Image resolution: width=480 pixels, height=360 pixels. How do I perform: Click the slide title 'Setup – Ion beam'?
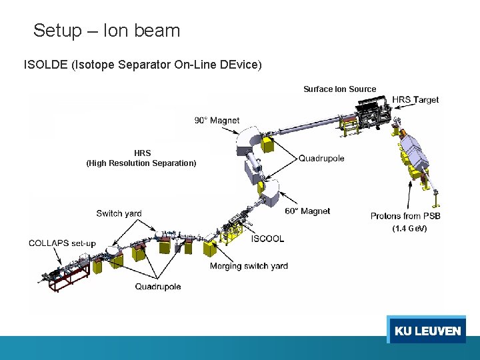coord(107,31)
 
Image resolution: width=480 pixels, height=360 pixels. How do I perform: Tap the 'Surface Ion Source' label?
coord(339,89)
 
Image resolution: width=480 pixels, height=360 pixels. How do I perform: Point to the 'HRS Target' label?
coord(415,100)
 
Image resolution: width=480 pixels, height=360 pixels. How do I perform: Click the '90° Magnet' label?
coord(217,121)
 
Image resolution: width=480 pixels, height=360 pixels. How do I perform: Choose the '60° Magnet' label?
coord(307,211)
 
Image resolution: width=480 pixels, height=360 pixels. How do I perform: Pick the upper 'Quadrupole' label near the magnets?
coord(321,159)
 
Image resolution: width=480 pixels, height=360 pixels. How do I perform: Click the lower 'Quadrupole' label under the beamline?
coord(158,287)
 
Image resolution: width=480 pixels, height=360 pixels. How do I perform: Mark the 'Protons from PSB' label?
coord(405,216)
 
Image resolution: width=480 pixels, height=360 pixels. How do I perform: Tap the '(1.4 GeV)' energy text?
coord(409,229)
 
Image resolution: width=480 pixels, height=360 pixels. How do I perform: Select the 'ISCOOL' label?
coord(267,239)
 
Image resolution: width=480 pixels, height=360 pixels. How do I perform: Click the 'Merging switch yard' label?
coord(249,266)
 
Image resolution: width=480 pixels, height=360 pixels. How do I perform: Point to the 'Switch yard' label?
coord(119,214)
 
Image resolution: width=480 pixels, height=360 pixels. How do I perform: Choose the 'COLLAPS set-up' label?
coord(58,243)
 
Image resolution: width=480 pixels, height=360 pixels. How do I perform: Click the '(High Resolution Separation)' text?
coord(141,163)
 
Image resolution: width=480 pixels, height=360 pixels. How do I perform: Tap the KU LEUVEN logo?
coord(427,331)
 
